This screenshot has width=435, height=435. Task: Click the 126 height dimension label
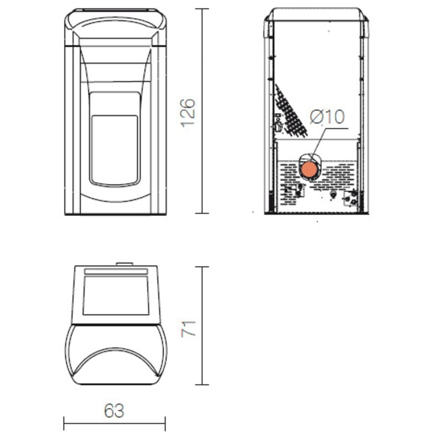(x=188, y=113)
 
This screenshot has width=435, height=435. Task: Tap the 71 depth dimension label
(x=188, y=329)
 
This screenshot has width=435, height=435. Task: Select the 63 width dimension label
(x=114, y=411)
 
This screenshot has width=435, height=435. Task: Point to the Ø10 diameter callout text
(x=327, y=116)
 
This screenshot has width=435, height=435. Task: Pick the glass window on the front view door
(x=114, y=150)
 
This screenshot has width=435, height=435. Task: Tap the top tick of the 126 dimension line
(x=202, y=9)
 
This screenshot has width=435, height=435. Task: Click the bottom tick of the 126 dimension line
(x=202, y=213)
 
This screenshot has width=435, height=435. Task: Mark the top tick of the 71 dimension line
(x=202, y=267)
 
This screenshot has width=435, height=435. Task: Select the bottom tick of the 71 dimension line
(x=202, y=384)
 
